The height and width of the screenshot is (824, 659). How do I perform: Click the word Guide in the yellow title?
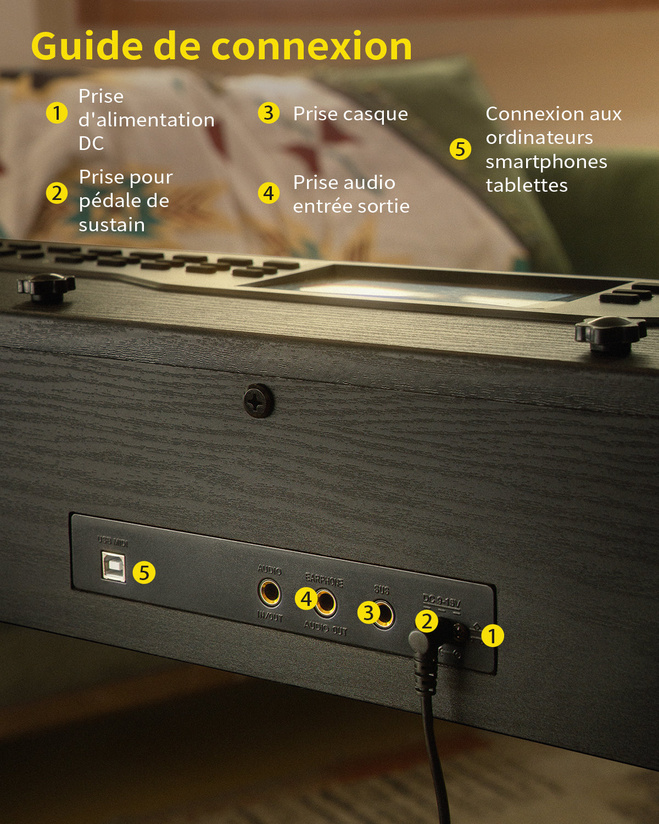pos(88,46)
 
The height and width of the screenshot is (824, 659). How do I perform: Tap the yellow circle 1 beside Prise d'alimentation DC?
pos(57,113)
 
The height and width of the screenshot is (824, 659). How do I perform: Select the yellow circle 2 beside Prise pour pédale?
pos(57,193)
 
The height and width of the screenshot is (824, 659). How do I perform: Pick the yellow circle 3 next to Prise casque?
pos(269,113)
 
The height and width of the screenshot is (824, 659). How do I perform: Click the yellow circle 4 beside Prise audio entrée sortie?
pos(269,193)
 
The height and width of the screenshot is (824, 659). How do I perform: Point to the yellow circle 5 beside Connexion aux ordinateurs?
pos(460,149)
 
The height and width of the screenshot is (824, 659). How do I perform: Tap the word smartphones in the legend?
pos(546,162)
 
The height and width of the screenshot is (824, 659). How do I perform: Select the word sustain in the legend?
pos(111,225)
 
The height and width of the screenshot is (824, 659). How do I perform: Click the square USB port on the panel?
pos(113,567)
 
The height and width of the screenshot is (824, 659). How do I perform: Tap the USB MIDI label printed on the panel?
pos(113,542)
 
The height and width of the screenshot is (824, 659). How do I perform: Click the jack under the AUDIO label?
pos(270,593)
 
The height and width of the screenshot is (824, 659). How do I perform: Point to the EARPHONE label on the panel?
pos(324,580)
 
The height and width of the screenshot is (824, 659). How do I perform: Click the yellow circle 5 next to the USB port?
pos(144,572)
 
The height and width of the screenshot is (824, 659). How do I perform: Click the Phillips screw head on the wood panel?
pos(258,401)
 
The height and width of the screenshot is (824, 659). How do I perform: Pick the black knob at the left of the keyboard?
pos(46,287)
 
